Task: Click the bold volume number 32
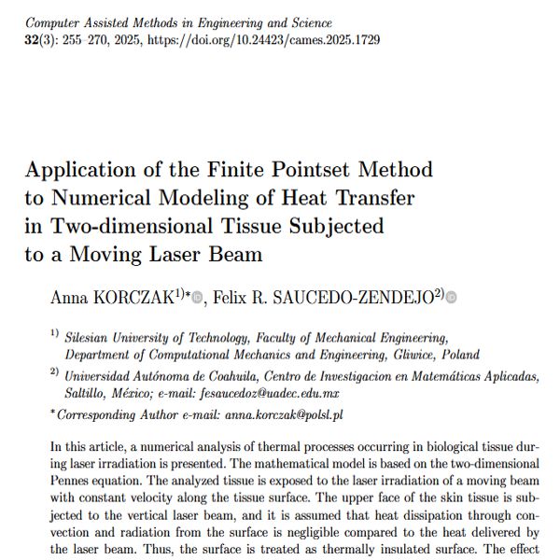coord(33,40)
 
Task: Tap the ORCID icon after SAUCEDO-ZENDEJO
coord(452,299)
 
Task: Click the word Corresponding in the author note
coord(96,413)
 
